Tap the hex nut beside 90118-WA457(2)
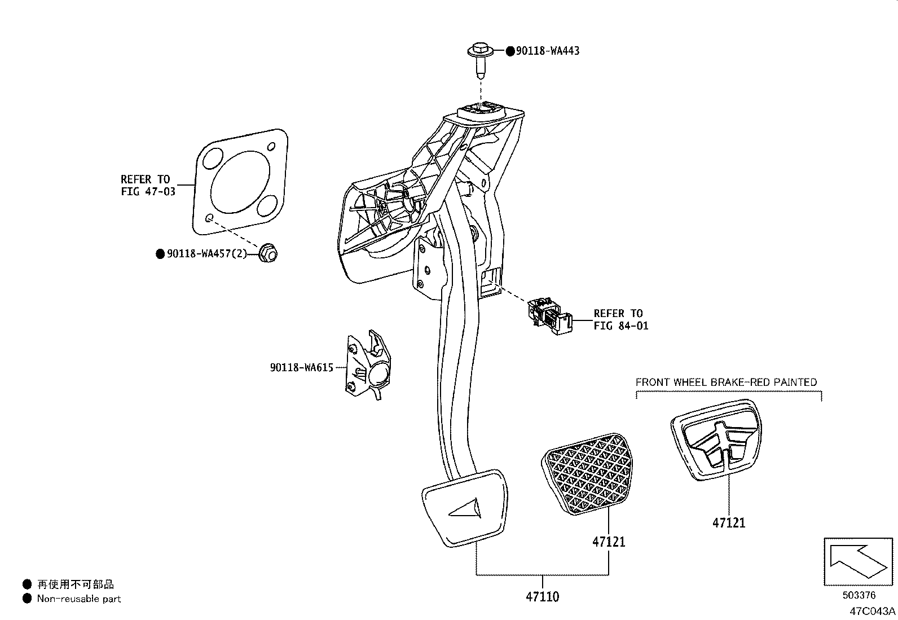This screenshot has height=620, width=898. [268, 254]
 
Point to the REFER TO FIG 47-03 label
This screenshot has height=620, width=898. [148, 185]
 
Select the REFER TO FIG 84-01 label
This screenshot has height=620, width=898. [620, 319]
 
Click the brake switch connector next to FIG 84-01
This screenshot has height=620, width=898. [549, 317]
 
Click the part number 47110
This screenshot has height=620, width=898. [543, 596]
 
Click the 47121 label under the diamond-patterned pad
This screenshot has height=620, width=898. [609, 542]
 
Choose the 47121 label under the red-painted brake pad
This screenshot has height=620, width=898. [728, 522]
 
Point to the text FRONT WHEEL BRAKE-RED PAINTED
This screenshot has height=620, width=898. [726, 382]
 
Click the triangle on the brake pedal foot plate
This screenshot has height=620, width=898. [466, 509]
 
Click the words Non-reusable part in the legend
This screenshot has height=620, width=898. [79, 599]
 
